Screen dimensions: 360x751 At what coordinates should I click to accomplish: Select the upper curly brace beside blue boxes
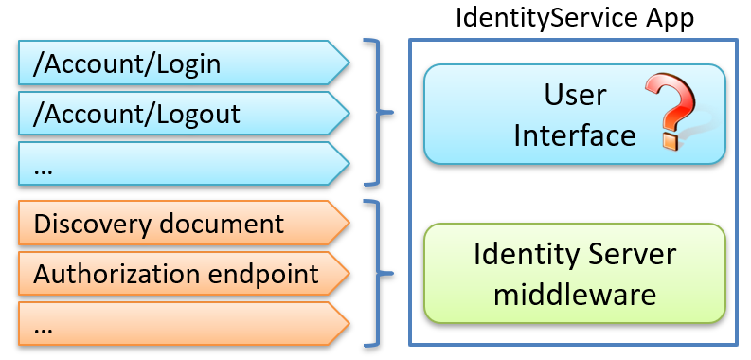[378, 113]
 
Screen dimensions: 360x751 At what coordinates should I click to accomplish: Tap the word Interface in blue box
[574, 135]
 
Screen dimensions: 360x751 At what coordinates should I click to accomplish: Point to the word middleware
[575, 295]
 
